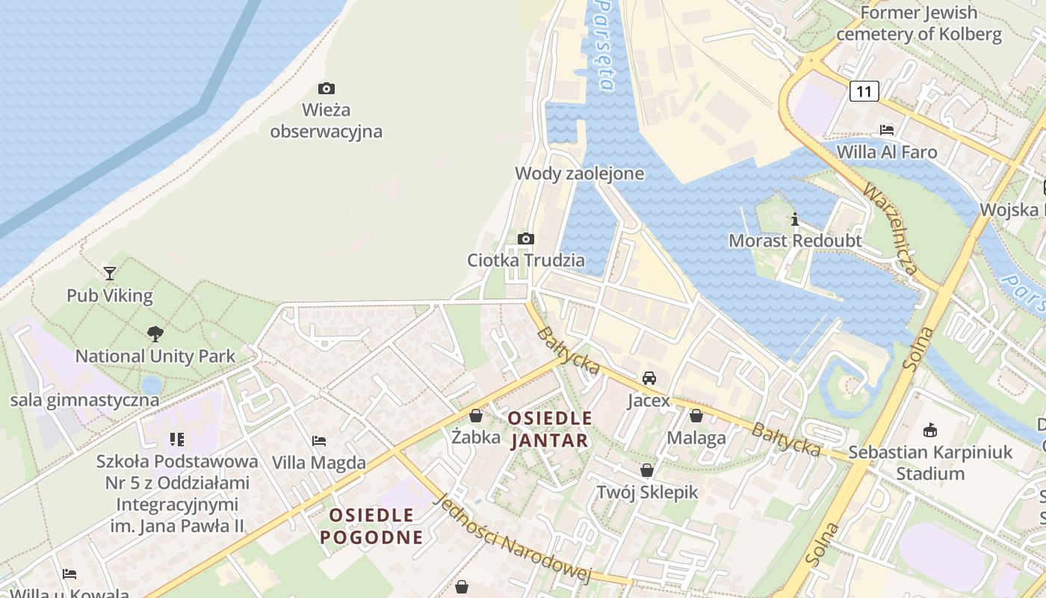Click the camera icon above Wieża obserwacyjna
(x=326, y=88)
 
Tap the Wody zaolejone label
(x=579, y=173)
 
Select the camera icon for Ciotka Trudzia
(x=526, y=239)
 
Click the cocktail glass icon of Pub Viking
(x=110, y=274)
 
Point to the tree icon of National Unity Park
(x=155, y=334)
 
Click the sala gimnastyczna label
(x=84, y=400)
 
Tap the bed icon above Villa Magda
(x=319, y=440)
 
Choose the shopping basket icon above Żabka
(x=476, y=415)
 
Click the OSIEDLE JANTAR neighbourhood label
(x=551, y=429)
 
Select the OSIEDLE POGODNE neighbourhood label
(x=372, y=525)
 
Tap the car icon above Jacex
(x=649, y=377)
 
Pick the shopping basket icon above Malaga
(x=696, y=415)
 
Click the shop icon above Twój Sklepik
(x=647, y=470)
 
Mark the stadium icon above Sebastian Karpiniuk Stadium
(x=930, y=430)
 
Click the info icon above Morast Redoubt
(x=795, y=219)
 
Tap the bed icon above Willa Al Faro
(x=887, y=129)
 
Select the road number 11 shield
(x=864, y=92)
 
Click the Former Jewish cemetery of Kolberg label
(x=918, y=23)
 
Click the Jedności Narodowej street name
(x=513, y=538)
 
